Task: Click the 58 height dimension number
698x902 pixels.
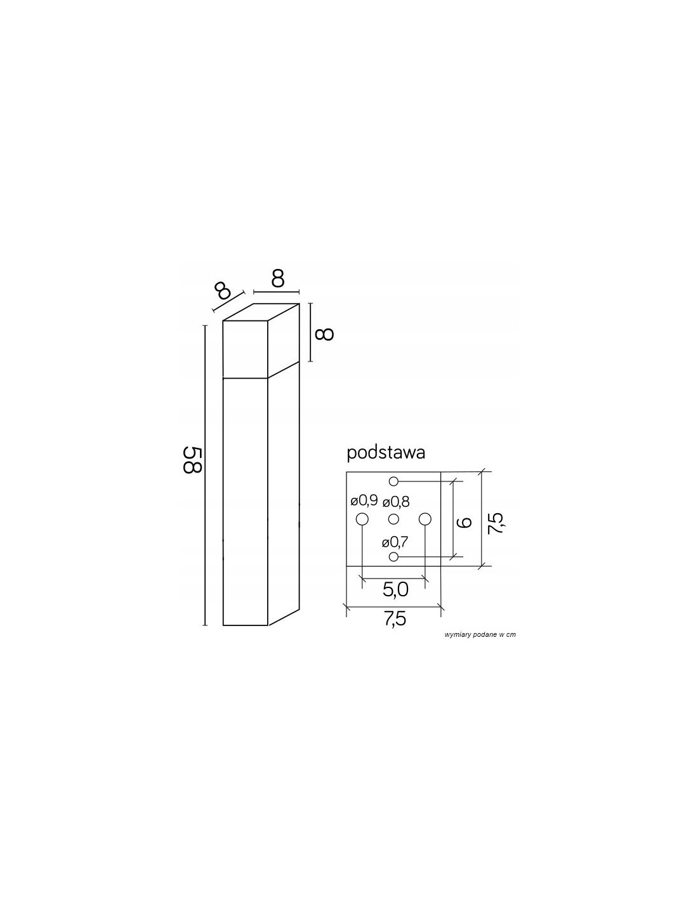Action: pos(192,460)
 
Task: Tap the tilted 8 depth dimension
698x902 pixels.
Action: pos(223,291)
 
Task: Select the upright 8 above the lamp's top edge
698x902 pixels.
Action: pos(278,279)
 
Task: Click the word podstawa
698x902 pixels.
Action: pos(386,453)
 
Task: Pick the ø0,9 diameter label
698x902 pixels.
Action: pos(364,501)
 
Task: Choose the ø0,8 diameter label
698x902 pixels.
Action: pos(396,502)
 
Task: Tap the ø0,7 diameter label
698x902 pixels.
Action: pos(395,542)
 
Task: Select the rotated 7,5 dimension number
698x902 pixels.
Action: pos(496,523)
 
